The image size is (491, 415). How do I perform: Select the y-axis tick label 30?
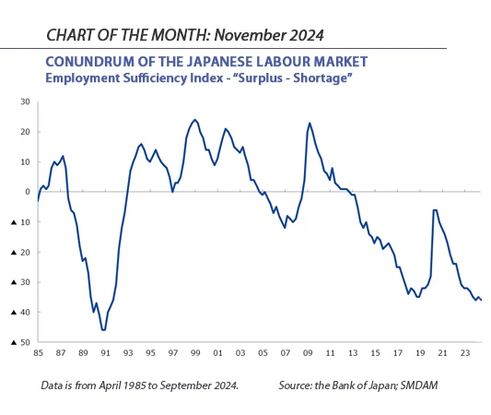(27, 101)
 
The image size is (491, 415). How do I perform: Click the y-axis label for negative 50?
(23, 342)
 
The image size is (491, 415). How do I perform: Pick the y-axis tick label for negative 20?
(23, 252)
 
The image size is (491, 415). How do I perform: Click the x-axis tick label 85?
(38, 352)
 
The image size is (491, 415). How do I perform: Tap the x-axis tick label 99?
(194, 352)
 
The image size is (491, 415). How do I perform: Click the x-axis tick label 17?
(397, 352)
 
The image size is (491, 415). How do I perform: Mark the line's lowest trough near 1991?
(103, 329)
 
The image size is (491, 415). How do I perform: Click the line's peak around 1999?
(194, 120)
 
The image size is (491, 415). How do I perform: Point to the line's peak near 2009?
(310, 123)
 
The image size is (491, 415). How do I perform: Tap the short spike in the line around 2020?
(434, 210)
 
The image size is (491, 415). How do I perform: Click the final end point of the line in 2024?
(481, 300)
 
